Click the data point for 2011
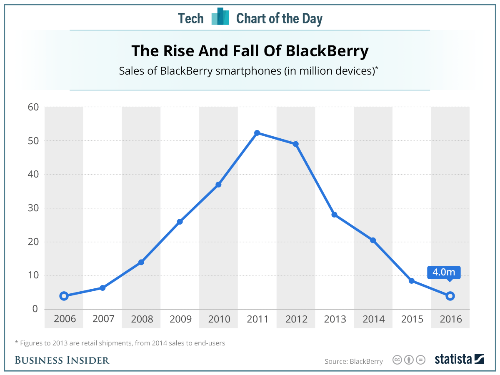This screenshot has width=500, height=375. (257, 133)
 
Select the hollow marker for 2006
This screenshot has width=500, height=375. (64, 296)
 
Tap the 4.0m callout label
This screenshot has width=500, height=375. (444, 272)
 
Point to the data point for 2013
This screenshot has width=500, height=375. (334, 215)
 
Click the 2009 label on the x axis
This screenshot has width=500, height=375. (180, 319)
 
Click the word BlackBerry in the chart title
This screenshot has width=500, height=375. (327, 51)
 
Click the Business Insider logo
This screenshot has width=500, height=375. (62, 360)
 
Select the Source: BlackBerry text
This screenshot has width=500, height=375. (353, 361)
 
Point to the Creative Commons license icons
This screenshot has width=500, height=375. (409, 360)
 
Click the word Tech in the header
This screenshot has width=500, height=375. (191, 18)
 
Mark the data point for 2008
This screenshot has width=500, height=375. (141, 262)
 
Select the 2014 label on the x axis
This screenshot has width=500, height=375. (373, 319)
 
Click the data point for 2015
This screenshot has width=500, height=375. (411, 281)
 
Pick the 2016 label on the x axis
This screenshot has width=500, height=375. (450, 319)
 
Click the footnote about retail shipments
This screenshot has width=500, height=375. (120, 343)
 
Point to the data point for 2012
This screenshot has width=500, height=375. (296, 144)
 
